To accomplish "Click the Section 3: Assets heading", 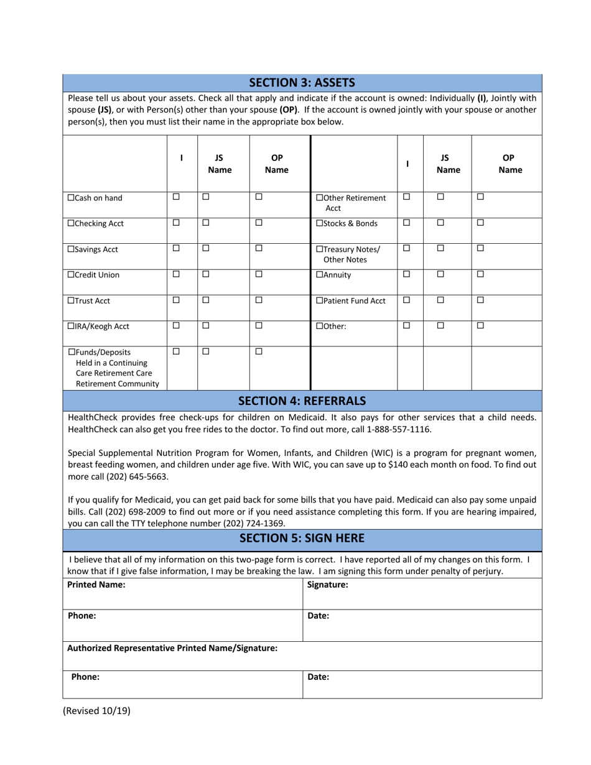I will [x=302, y=82].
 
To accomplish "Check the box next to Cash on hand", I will [x=71, y=198].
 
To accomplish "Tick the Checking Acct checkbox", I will [x=71, y=223].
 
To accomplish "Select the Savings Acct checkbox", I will [x=71, y=249].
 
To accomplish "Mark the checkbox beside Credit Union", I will [x=71, y=275].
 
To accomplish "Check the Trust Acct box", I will [x=71, y=301].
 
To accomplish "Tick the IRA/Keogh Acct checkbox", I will [x=71, y=327].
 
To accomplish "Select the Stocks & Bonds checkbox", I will [x=320, y=223].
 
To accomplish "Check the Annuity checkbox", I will [x=320, y=275].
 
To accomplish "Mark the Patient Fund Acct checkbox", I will [x=320, y=301].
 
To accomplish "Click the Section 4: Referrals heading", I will [x=302, y=401].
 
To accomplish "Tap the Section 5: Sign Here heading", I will [x=302, y=538].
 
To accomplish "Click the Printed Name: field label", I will [x=96, y=585].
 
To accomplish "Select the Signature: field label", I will [x=327, y=585].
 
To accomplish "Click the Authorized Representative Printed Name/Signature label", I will [x=172, y=648].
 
